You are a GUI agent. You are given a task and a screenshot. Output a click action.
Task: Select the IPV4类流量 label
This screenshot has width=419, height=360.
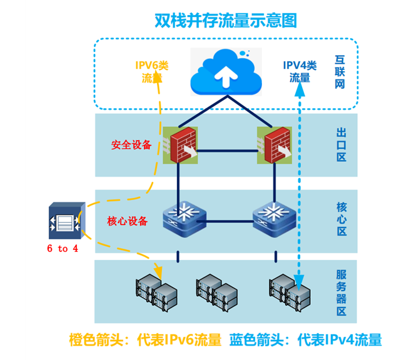coord(300,72)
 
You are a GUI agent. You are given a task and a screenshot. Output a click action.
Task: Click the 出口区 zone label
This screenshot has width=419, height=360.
coord(341,144)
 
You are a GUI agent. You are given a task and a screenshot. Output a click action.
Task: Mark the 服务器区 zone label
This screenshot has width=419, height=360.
coord(341,292)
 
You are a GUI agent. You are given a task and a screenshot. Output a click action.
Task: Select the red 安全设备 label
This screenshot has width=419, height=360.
coord(132,145)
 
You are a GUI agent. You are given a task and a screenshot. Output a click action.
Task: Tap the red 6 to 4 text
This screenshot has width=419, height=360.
coord(63,249)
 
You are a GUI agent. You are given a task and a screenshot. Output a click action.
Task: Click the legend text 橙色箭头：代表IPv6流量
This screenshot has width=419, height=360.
coord(145,341)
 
